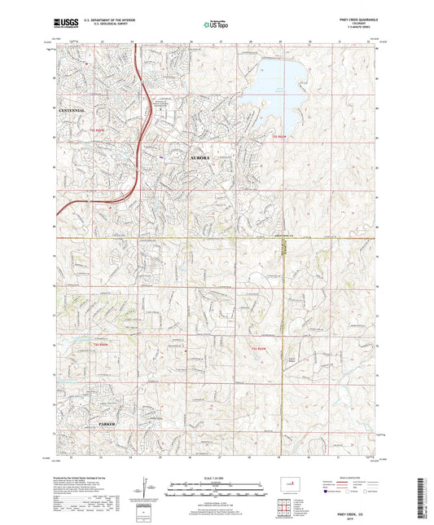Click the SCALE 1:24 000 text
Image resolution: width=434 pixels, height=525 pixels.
(217, 478)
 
